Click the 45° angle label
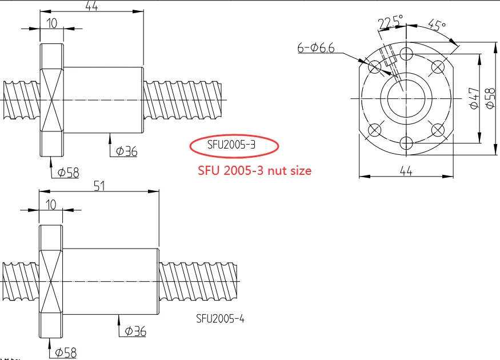437,26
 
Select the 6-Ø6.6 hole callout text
315,49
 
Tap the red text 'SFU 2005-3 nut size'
254,170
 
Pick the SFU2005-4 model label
220,318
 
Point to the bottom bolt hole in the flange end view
406,142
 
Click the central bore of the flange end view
406,98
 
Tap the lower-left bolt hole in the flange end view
375,130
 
